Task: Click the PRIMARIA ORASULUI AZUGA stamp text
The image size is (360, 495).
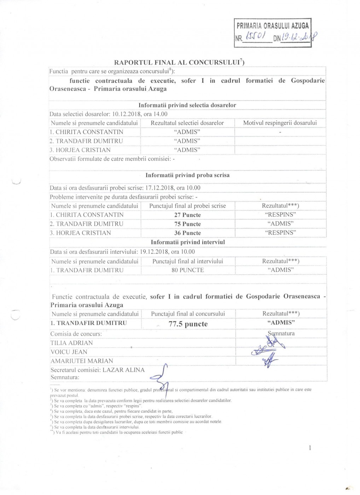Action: coord(272,26)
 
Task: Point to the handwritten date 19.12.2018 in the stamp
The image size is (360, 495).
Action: coord(299,36)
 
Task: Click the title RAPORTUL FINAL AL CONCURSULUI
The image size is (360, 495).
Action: coord(179,63)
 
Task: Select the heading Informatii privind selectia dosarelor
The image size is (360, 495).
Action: coord(187,105)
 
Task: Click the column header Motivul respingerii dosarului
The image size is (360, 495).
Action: coord(280,123)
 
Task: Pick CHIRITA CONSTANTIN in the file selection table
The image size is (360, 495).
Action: coord(87,132)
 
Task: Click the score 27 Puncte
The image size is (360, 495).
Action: coord(187,215)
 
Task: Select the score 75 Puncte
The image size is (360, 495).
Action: coord(187,224)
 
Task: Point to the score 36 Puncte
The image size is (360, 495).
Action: coord(187,233)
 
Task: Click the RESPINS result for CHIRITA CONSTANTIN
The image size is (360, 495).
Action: coord(280,214)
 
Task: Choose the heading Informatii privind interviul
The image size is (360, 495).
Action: coord(188,242)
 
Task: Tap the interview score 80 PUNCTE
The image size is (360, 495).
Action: coord(188,270)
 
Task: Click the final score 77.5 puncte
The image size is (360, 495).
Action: coord(188,324)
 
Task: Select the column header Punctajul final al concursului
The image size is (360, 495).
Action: coord(188,314)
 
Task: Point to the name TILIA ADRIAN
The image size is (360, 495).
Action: coord(72,343)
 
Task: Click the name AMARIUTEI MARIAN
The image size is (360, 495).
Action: coord(82,361)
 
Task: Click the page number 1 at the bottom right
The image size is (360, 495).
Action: coord(310,448)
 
